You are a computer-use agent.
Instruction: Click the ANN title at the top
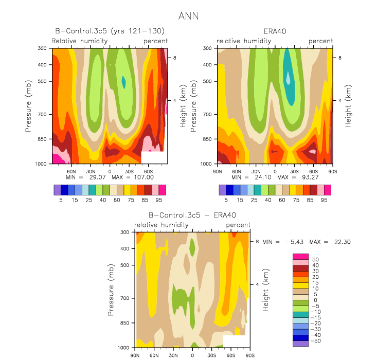click(188, 16)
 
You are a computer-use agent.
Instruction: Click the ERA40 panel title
click(275, 31)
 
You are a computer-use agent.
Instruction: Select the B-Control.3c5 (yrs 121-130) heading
click(110, 31)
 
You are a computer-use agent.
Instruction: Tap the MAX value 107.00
click(143, 177)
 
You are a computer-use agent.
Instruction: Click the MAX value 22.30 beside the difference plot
click(343, 242)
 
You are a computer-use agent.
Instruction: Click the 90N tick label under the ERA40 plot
click(218, 172)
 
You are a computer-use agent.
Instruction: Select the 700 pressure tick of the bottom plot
click(124, 298)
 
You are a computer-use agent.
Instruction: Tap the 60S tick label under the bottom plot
click(231, 355)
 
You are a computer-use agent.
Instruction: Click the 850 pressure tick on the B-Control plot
click(42, 139)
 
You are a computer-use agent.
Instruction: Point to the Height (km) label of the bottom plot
click(265, 290)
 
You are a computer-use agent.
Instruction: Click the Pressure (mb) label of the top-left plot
click(28, 106)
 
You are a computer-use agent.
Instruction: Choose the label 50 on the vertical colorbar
click(315, 260)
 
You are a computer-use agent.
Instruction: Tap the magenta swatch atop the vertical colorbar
click(300, 257)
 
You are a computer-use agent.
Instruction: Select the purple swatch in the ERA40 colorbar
click(222, 190)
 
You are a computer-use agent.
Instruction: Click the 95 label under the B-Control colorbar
click(159, 200)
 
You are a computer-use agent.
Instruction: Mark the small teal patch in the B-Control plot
click(123, 82)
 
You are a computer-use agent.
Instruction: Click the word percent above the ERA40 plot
click(321, 41)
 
